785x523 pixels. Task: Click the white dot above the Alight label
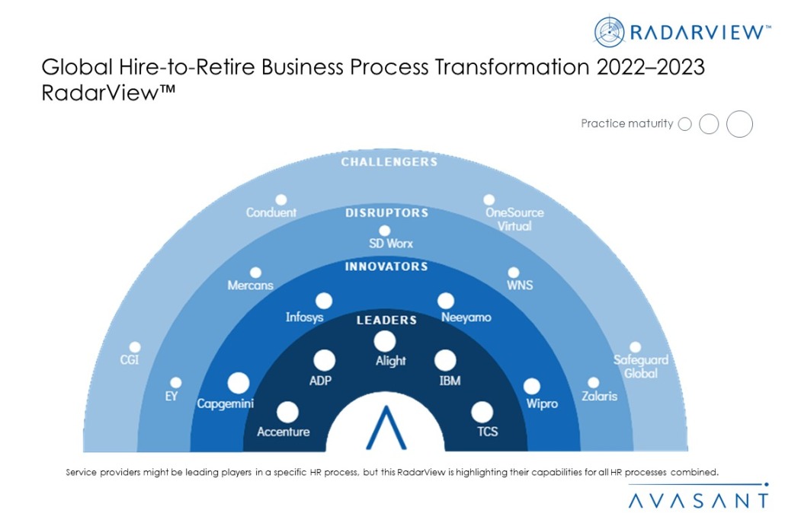click(x=384, y=342)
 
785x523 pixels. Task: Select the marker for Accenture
click(x=287, y=412)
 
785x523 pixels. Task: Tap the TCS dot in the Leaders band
click(x=482, y=412)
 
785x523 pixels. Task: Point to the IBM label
click(x=450, y=381)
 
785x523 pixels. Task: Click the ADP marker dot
click(x=325, y=361)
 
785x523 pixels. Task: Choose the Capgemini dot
click(x=239, y=384)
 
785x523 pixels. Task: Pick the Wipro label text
click(x=542, y=403)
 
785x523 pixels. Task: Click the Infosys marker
click(x=324, y=301)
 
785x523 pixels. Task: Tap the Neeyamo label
click(x=466, y=317)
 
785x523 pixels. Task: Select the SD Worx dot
click(x=384, y=231)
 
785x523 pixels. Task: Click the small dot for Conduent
click(x=281, y=200)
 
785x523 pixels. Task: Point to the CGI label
click(x=129, y=360)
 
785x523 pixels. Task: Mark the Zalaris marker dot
click(x=593, y=383)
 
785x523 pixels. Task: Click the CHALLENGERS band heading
click(x=389, y=162)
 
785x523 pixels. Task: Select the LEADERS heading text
click(x=386, y=320)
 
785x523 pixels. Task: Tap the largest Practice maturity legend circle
click(x=739, y=124)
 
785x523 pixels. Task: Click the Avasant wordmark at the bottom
click(x=698, y=500)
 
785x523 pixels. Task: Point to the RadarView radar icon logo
click(x=609, y=32)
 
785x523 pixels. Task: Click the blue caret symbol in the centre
click(x=386, y=428)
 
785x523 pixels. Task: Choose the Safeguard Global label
click(x=641, y=366)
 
